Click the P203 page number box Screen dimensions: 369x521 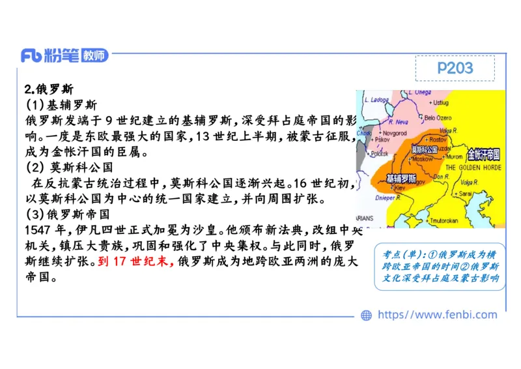(455, 68)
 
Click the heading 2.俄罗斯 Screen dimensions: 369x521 (49, 89)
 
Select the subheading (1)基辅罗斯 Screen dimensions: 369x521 (61, 105)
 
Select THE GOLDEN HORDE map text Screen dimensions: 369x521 (473, 167)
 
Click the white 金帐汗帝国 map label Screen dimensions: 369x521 (483, 155)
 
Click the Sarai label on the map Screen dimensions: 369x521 (465, 194)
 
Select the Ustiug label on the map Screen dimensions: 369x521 (441, 102)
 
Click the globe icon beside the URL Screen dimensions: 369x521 (366, 316)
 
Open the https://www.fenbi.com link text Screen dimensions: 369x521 (437, 316)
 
